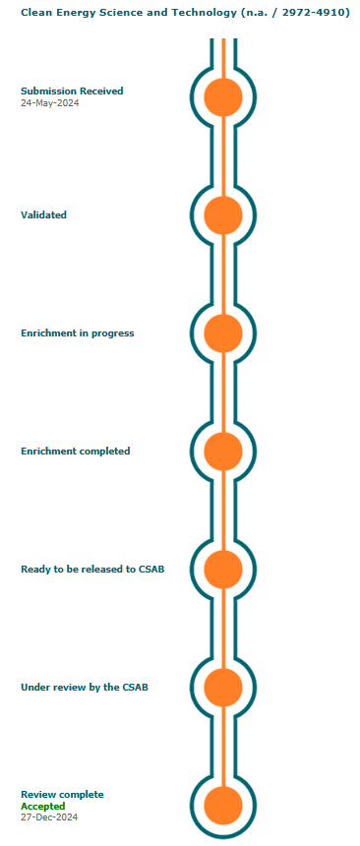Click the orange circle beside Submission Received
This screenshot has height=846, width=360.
click(223, 97)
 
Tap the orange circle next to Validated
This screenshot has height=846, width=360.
click(223, 215)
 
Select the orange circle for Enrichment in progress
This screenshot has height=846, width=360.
click(223, 333)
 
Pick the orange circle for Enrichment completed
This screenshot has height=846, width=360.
click(223, 452)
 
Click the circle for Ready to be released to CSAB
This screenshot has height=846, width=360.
click(223, 570)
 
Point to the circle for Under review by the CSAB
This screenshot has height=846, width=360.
click(223, 688)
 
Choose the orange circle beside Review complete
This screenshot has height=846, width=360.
click(223, 806)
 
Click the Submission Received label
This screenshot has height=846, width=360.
click(72, 91)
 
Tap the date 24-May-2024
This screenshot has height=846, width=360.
click(50, 102)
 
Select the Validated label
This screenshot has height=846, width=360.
click(43, 214)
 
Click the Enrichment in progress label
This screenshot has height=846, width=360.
click(77, 333)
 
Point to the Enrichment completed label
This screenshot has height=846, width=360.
click(76, 452)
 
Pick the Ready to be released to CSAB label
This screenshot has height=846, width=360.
click(92, 570)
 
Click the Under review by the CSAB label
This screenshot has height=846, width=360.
click(85, 688)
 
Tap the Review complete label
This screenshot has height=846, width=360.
click(62, 795)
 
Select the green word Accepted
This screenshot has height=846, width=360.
click(43, 806)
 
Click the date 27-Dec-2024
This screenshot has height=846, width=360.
click(49, 817)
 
